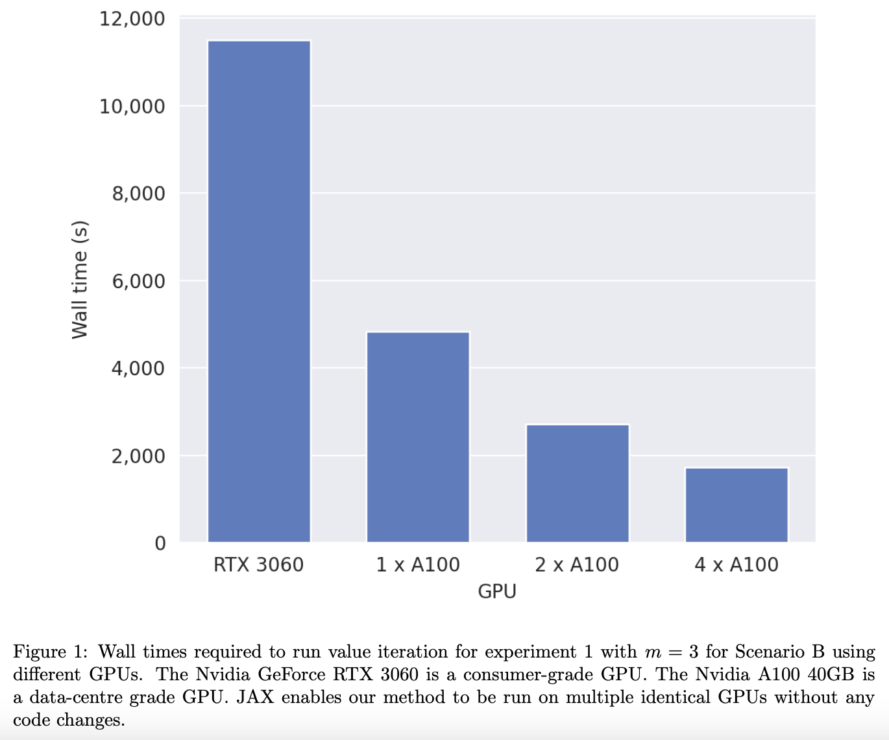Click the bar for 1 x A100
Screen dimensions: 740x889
(x=418, y=437)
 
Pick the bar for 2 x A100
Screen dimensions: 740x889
(x=578, y=483)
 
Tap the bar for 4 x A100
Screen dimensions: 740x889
(x=737, y=504)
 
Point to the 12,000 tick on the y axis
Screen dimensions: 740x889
(x=132, y=19)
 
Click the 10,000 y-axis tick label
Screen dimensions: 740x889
(x=132, y=106)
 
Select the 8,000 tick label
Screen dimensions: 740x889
(x=138, y=193)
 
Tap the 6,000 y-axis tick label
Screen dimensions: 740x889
(x=138, y=281)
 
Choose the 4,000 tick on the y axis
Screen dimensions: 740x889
(x=138, y=368)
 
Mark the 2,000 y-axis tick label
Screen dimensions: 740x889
(x=138, y=456)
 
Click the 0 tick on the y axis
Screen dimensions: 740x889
(x=160, y=543)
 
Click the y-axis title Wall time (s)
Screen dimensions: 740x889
(x=79, y=280)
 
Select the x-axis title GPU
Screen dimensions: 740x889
(x=497, y=591)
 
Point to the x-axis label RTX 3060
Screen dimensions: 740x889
(x=258, y=565)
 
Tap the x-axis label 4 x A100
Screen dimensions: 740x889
(x=737, y=565)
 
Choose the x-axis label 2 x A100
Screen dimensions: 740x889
(x=577, y=565)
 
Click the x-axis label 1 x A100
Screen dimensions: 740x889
(x=418, y=565)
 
